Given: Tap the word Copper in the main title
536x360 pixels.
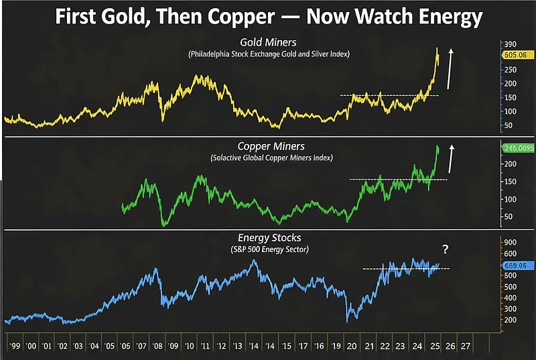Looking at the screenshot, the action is pyautogui.click(x=241, y=17).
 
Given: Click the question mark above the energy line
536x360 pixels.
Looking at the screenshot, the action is pyautogui.click(x=445, y=249).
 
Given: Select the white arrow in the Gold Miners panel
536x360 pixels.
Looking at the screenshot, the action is pyautogui.click(x=450, y=69).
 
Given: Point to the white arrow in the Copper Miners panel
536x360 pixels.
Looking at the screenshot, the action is pyautogui.click(x=451, y=159).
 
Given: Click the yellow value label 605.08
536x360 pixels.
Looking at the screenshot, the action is pyautogui.click(x=518, y=55).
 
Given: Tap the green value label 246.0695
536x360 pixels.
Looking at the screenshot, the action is pyautogui.click(x=519, y=148).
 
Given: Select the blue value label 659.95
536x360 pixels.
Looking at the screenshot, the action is pyautogui.click(x=518, y=265).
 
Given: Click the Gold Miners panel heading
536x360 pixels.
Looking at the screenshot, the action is pyautogui.click(x=268, y=42).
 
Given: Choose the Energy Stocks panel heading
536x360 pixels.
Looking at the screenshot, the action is pyautogui.click(x=269, y=237).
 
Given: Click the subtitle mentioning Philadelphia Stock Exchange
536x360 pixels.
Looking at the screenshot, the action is pyautogui.click(x=269, y=54).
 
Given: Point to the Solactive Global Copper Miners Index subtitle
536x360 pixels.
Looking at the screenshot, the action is pyautogui.click(x=271, y=158).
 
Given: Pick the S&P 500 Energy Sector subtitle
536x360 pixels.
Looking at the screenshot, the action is pyautogui.click(x=269, y=249).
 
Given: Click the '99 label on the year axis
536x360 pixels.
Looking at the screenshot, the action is pyautogui.click(x=15, y=346).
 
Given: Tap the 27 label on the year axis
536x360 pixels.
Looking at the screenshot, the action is pyautogui.click(x=465, y=346).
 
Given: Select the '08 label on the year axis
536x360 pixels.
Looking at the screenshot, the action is pyautogui.click(x=157, y=346).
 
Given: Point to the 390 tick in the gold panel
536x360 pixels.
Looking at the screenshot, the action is pyautogui.click(x=510, y=44).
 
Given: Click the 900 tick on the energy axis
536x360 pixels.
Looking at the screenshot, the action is pyautogui.click(x=510, y=242).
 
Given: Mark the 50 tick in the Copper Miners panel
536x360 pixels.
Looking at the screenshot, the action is pyautogui.click(x=509, y=217).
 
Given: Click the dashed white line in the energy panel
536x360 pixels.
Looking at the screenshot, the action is pyautogui.click(x=406, y=269).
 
